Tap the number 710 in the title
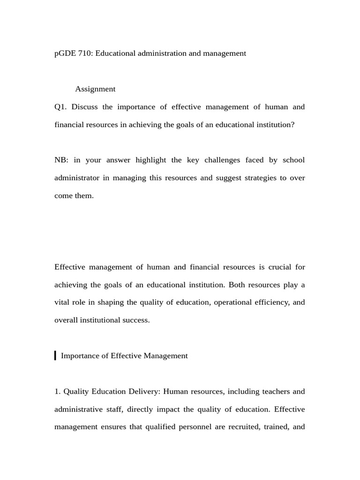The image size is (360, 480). pos(86,53)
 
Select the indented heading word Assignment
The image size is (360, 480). pos(95,89)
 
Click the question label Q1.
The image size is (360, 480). pos(61,107)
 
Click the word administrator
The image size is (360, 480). pos(77,178)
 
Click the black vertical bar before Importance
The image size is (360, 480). pos(55,355)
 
